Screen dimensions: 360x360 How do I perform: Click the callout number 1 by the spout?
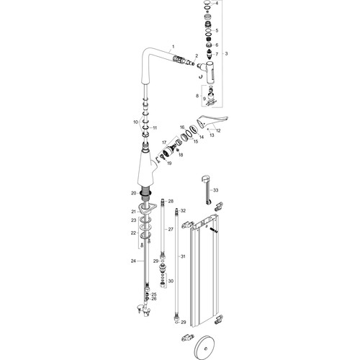click(x=174, y=47)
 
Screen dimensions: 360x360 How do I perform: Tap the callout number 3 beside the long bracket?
click(x=226, y=54)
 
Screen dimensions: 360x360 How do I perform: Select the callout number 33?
click(x=216, y=190)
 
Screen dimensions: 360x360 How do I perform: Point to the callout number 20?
click(x=134, y=193)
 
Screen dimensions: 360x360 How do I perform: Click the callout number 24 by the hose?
click(x=133, y=261)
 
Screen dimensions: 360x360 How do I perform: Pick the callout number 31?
click(x=183, y=256)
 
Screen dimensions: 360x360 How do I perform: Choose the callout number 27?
click(x=171, y=230)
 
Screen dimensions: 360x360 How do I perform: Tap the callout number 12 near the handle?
click(x=218, y=131)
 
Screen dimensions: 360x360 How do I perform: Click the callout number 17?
click(x=164, y=143)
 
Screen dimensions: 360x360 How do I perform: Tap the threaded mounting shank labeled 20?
click(x=145, y=194)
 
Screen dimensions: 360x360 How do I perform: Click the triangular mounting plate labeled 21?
click(x=147, y=208)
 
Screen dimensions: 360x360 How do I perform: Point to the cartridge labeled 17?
click(x=170, y=150)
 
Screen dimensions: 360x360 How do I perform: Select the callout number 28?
click(x=171, y=202)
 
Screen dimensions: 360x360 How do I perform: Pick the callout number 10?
click(x=135, y=122)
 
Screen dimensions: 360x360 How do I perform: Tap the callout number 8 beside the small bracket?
click(x=197, y=96)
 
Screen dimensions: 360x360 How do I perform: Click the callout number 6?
click(x=217, y=45)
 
